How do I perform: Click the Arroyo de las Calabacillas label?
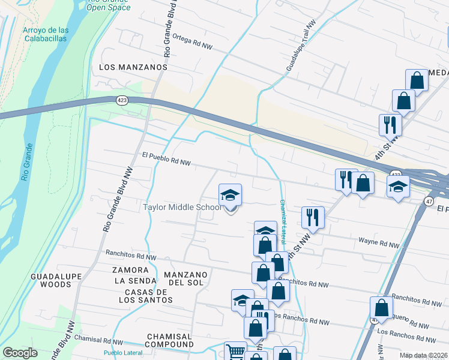tap(45, 34)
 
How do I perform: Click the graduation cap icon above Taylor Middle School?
tap(230, 196)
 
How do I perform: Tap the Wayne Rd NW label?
tap(379, 244)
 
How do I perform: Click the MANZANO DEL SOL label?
tap(185, 279)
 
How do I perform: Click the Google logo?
tap(20, 353)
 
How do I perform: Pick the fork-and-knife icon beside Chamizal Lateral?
tap(313, 217)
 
